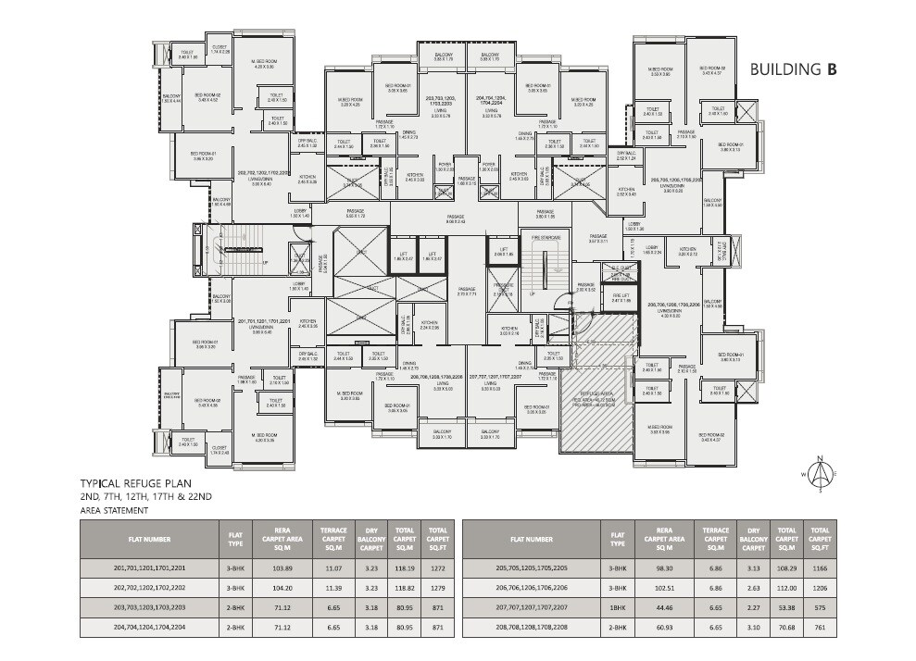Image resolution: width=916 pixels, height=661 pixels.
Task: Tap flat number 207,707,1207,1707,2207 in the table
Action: coord(529,607)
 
